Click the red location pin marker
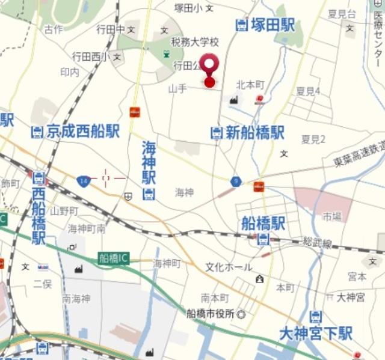[x=209, y=68]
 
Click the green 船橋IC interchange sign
[x=114, y=258]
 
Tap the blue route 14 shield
[x=84, y=180]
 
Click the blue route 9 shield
[x=236, y=181]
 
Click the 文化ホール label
[x=229, y=267]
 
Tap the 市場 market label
[x=331, y=216]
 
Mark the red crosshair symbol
[x=106, y=178]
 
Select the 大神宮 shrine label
[x=351, y=297]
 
